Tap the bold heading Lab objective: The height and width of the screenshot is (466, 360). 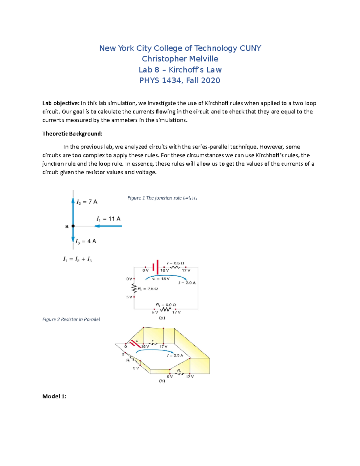[61, 103]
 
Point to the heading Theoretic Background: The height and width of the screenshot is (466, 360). [72, 134]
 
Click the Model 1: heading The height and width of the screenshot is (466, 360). [54, 396]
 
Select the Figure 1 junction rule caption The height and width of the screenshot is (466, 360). [162, 198]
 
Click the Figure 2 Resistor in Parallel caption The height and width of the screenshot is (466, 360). [71, 319]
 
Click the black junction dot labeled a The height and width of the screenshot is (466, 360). [73, 226]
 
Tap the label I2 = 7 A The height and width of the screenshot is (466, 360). [87, 202]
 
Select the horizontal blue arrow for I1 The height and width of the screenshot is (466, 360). [110, 226]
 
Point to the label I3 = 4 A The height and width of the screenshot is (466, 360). [86, 241]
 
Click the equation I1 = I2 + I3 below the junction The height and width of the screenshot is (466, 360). [77, 259]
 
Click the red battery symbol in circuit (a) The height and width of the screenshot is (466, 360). [155, 267]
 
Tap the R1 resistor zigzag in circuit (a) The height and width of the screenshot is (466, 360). [165, 309]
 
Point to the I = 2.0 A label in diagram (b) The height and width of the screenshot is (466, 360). [175, 355]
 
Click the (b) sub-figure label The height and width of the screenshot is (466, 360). [162, 381]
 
